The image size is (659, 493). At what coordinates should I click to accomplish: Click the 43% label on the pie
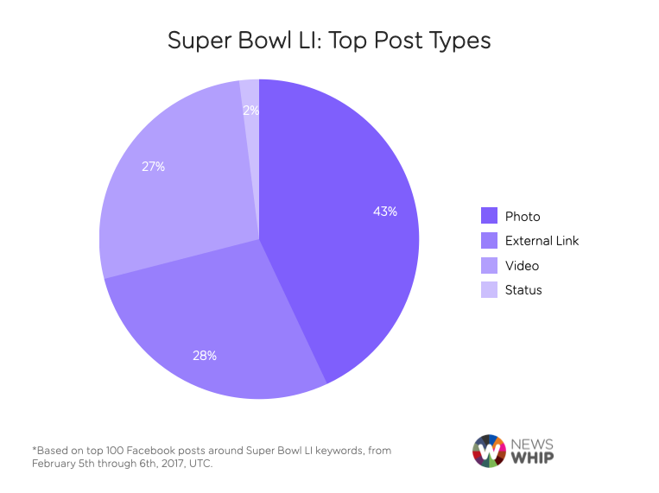coord(385,212)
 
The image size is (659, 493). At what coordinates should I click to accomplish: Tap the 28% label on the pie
coord(205,355)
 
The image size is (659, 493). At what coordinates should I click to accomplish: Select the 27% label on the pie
coord(153,167)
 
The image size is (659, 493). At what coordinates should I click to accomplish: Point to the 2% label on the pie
coord(250,111)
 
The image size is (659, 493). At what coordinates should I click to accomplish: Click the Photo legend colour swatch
coord(490,217)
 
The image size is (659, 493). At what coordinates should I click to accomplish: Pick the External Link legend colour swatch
coord(490,241)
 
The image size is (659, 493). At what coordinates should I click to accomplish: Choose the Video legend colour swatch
coord(490,266)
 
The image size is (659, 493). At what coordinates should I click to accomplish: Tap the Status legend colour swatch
coord(490,290)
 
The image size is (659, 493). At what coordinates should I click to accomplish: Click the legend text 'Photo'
coord(523,217)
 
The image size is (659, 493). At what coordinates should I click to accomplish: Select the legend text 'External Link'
coord(542,241)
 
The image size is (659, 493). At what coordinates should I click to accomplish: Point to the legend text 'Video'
coord(522,266)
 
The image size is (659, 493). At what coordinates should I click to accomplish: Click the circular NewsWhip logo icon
coord(489,451)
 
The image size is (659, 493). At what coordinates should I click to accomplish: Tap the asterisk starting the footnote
coord(34,450)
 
